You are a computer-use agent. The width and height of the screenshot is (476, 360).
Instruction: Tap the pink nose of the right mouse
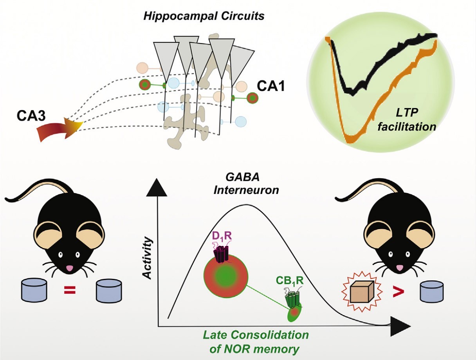400,267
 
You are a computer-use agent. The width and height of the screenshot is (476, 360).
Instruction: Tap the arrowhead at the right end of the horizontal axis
400,326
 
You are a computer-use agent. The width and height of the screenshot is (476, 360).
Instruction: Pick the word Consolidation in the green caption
275,335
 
